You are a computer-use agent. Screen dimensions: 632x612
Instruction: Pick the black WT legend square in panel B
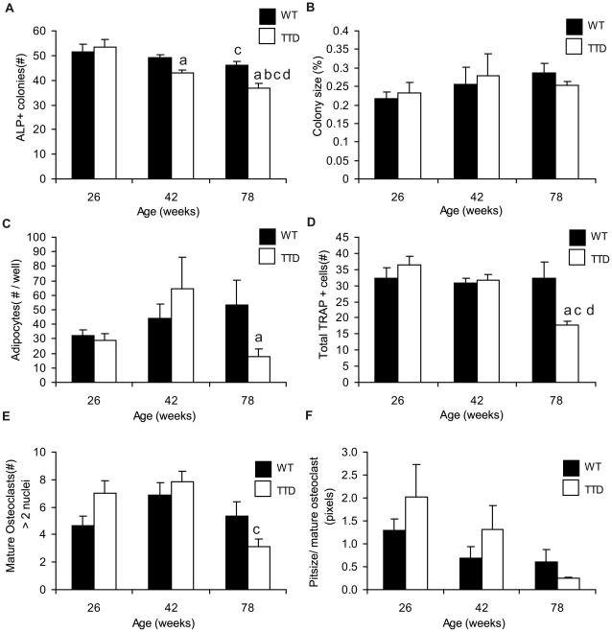pyautogui.click(x=574, y=25)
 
